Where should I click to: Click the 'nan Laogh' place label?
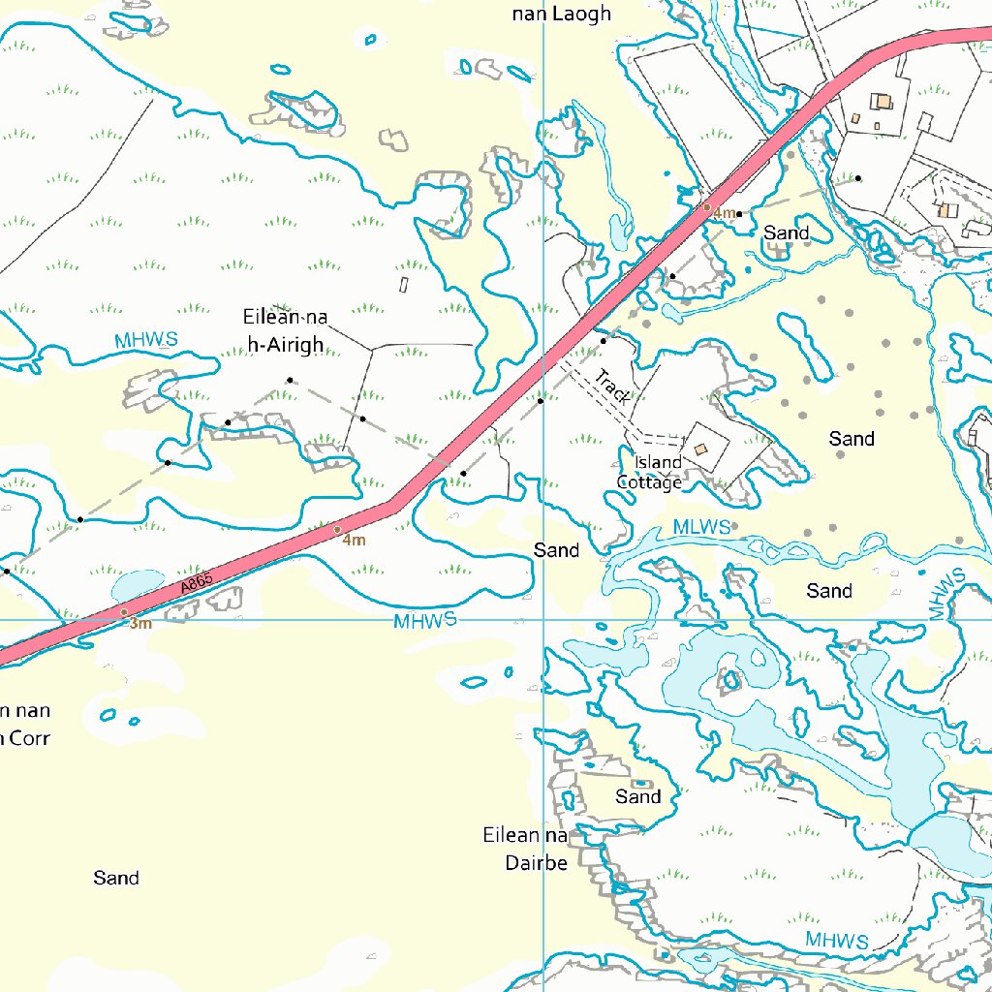click(x=562, y=14)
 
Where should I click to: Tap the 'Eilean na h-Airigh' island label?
click(x=285, y=330)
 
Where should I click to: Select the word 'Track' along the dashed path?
click(x=612, y=386)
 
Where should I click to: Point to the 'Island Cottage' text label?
click(x=651, y=472)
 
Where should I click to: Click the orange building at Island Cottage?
click(x=700, y=449)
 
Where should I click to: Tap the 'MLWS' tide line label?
click(x=701, y=527)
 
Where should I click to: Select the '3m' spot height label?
click(x=140, y=624)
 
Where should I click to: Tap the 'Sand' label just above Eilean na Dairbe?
click(x=638, y=796)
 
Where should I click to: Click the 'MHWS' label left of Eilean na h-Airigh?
click(x=146, y=340)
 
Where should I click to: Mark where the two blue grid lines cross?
click(x=543, y=618)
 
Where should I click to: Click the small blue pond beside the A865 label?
click(x=138, y=585)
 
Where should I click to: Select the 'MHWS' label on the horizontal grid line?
click(x=424, y=621)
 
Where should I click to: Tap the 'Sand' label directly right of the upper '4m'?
click(x=787, y=232)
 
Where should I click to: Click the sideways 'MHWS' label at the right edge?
click(x=946, y=595)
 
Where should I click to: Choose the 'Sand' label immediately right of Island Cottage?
click(x=852, y=439)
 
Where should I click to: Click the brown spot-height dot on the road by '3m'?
click(x=124, y=612)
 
